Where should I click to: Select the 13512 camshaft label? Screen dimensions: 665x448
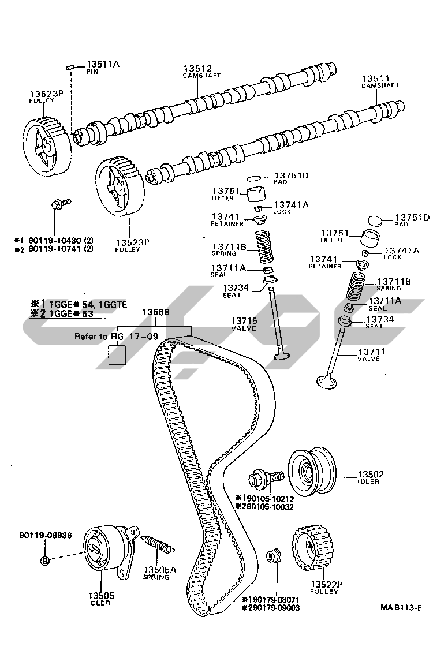coord(198,68)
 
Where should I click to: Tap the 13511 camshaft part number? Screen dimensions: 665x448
coord(376,79)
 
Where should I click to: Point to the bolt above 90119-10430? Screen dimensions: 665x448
coord(59,204)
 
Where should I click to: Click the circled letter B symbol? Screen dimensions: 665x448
coord(45,560)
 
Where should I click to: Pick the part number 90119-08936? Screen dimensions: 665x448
coord(44,535)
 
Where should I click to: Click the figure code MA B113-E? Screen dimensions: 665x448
coord(401,607)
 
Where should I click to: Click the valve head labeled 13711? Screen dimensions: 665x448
coord(327,380)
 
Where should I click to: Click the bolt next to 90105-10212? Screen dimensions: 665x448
coord(265,479)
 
